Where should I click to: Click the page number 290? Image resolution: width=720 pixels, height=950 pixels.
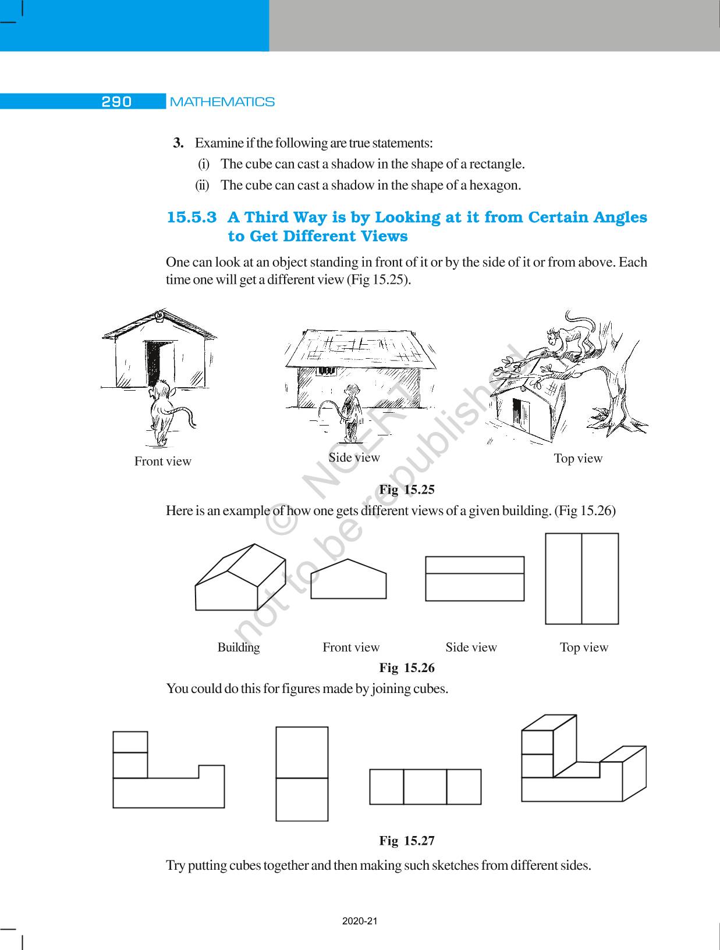coord(116,102)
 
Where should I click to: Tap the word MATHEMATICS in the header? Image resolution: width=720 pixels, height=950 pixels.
coord(222,102)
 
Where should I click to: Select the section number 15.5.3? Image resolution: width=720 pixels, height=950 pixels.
coord(192,217)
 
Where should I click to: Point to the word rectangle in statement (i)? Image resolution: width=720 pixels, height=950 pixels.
coord(495,164)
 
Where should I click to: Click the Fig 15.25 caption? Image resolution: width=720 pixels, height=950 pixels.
coord(407,490)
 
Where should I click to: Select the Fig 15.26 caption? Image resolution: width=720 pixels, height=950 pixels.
coord(407,667)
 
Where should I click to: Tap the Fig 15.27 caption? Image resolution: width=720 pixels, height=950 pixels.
coord(407,841)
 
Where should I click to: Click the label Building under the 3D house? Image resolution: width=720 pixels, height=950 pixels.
coord(239,647)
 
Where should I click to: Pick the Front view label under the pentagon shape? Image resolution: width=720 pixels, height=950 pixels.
coord(351,647)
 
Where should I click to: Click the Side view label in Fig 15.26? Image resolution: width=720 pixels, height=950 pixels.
coord(471,647)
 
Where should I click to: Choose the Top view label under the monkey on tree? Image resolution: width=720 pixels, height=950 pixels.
coord(578,458)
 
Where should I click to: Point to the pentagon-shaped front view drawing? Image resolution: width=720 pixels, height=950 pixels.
coord(349,580)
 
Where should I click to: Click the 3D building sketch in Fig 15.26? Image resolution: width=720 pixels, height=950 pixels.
coord(240,578)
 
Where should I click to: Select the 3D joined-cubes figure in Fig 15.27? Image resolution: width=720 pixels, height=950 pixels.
coord(582,759)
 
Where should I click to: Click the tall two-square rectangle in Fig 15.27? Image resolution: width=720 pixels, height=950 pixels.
coord(302,773)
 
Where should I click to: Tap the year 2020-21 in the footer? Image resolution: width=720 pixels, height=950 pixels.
coord(360,922)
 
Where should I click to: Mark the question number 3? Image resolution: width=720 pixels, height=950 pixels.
coord(179,143)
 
